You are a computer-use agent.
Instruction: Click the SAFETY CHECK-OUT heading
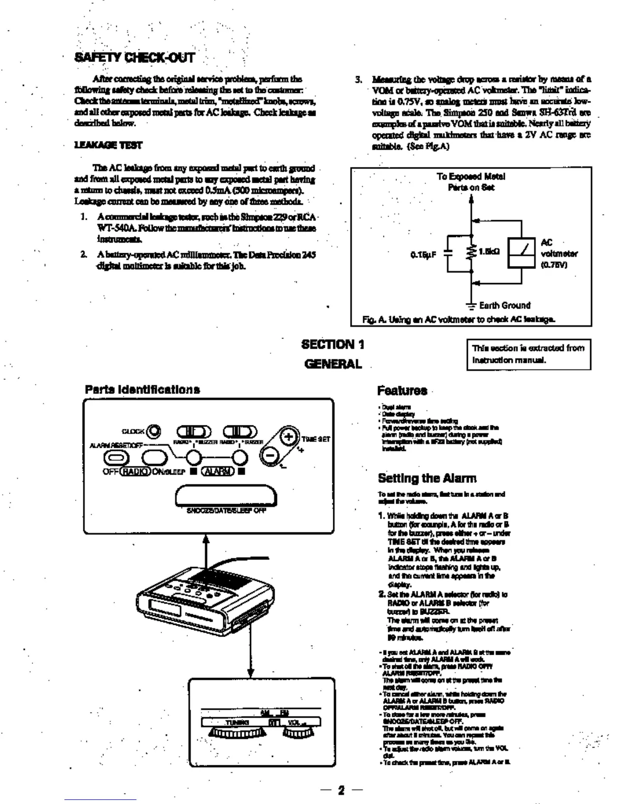point(134,57)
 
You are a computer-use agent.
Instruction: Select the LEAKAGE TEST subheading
point(108,145)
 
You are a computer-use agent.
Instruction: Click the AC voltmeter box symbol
point(522,252)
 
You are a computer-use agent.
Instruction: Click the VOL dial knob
point(298,733)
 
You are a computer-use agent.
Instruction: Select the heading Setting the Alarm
point(427,478)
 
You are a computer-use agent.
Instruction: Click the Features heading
point(402,390)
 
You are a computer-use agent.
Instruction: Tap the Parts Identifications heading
point(142,389)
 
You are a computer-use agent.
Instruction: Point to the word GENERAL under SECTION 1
point(333,364)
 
